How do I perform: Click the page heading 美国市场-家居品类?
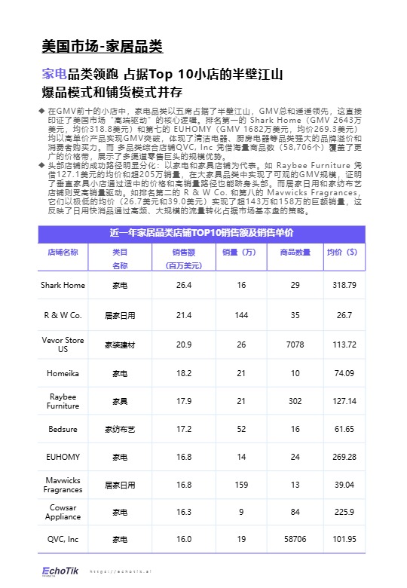102,47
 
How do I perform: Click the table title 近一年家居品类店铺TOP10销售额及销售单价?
203,233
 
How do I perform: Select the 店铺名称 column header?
63,253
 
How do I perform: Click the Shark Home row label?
63,285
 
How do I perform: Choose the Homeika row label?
63,373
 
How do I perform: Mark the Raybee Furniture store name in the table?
63,401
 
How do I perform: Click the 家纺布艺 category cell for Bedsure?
119,429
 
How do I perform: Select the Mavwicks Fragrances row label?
63,485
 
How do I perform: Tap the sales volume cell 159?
241,485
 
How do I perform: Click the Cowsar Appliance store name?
63,513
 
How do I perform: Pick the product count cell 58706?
295,540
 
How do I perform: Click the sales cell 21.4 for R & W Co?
184,314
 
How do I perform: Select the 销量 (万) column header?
241,253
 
